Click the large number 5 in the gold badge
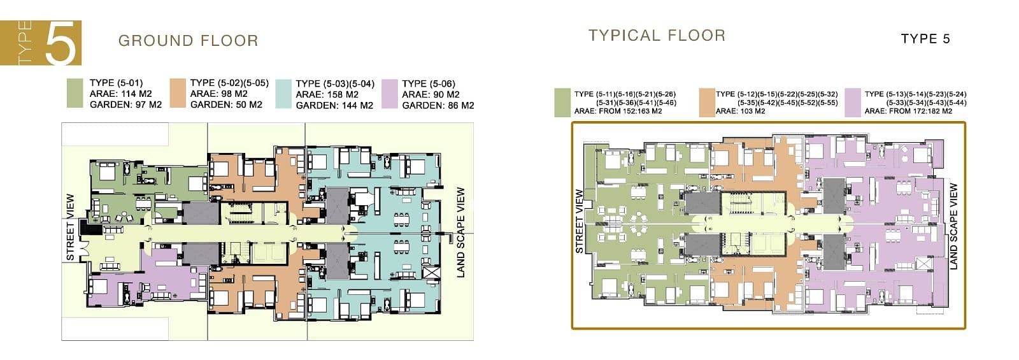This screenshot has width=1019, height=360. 61,43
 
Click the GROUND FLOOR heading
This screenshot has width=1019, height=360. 189,41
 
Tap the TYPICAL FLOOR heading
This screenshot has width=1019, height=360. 657,36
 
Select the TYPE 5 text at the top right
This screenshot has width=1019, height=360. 925,39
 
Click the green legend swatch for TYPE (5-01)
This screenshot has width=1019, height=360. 75,93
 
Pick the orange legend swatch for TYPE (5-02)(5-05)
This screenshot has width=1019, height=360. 178,93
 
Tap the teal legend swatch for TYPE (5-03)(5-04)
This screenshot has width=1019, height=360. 283,94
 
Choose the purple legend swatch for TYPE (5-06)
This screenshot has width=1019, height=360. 390,94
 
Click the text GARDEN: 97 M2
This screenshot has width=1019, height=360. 125,104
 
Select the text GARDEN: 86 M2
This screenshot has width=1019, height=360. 438,106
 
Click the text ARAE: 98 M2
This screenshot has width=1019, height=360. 219,94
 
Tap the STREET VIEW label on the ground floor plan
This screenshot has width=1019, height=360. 70,227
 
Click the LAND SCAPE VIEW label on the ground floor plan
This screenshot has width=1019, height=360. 461,232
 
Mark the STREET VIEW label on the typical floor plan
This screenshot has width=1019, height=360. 579,221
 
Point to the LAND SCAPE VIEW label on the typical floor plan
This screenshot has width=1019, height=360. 953,226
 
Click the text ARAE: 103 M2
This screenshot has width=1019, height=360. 740,111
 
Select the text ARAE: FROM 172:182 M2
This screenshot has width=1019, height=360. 908,111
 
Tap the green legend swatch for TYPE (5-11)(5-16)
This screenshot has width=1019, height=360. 562,103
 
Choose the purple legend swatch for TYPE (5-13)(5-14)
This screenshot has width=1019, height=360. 853,103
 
